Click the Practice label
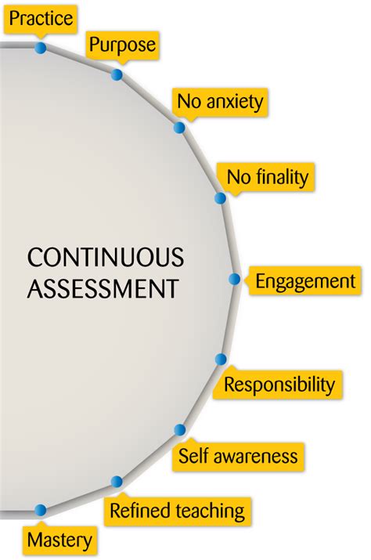coord(41,18)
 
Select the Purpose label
coord(122,45)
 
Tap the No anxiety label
coord(220,102)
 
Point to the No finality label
coord(267,177)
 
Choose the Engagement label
coord(305,281)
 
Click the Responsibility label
coord(279,385)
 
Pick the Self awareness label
coord(238,457)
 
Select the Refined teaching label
coord(177,511)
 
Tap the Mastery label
coord(59,540)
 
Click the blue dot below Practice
coord(41,48)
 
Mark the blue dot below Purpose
coord(117,74)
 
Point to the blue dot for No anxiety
coord(179,128)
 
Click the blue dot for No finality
coord(220,198)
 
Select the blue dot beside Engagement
coord(234,279)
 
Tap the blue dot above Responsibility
coord(221,359)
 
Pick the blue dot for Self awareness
coord(179,430)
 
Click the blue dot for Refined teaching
coord(117,482)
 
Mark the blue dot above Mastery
coord(41,510)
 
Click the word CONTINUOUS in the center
coord(106,257)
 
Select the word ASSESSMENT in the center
coord(103,288)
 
